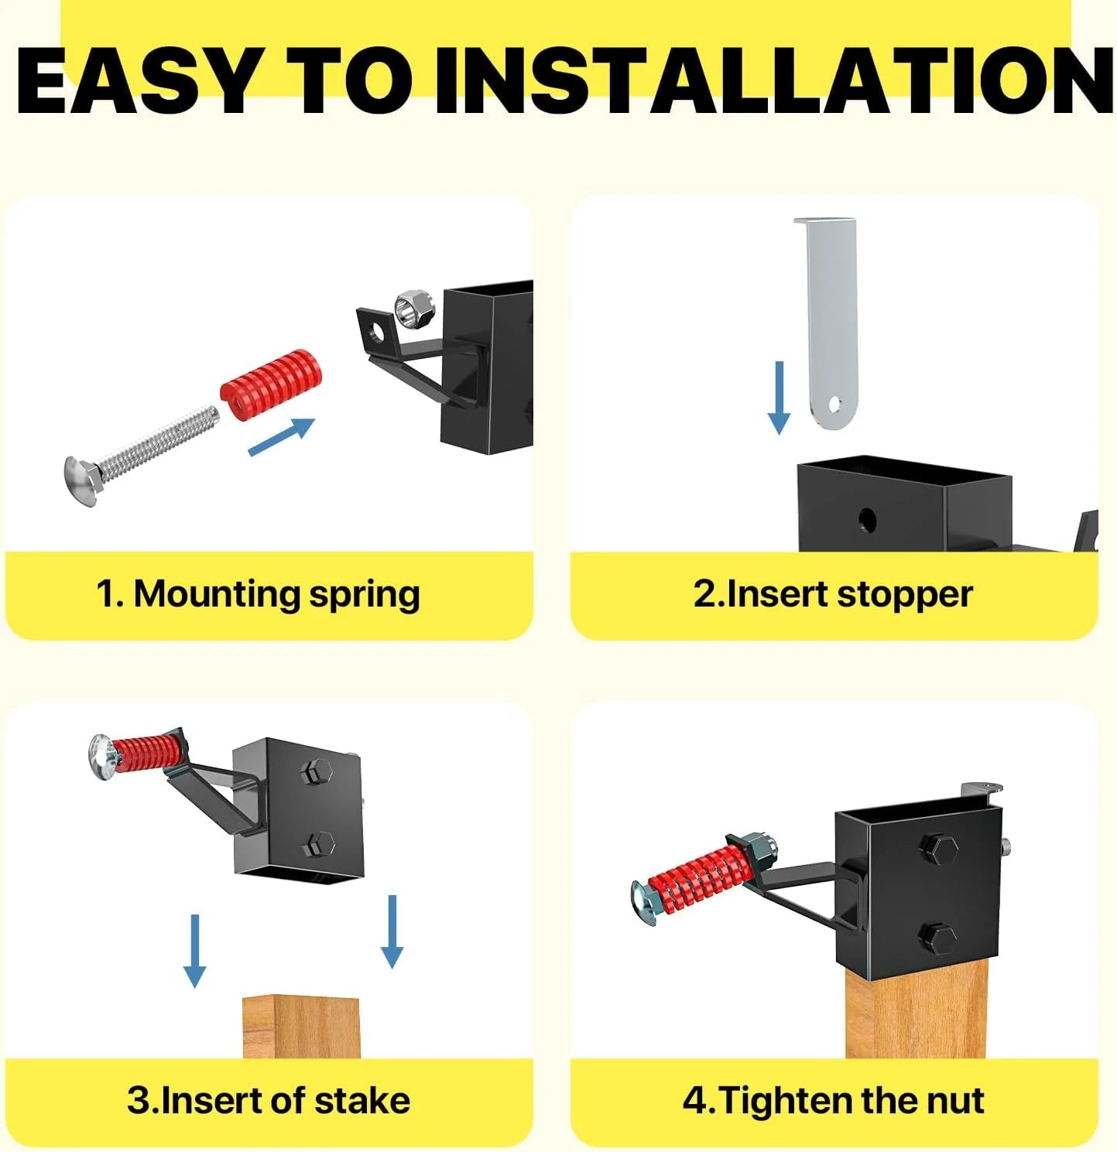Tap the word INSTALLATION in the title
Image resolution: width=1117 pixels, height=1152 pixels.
(776, 80)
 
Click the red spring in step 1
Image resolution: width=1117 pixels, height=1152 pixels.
(271, 385)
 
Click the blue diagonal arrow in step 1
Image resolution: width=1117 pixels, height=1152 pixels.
(281, 437)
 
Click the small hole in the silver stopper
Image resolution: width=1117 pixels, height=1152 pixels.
(834, 405)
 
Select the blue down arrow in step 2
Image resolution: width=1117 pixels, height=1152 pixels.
(779, 398)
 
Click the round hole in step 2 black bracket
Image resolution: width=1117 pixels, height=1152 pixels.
(867, 521)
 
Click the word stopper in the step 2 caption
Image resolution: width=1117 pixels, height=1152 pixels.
(904, 595)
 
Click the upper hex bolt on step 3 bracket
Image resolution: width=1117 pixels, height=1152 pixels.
(316, 773)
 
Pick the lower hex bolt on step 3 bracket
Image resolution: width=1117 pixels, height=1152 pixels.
(317, 845)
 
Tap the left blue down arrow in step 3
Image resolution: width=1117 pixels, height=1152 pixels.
(194, 952)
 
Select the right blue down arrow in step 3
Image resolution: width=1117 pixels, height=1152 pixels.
(392, 932)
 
